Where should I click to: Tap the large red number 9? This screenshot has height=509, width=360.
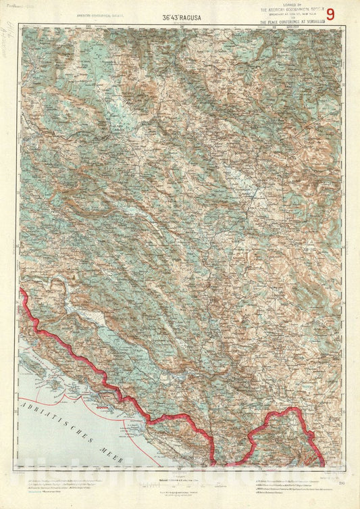click(330, 13)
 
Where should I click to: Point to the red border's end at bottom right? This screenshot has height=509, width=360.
click(322, 463)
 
